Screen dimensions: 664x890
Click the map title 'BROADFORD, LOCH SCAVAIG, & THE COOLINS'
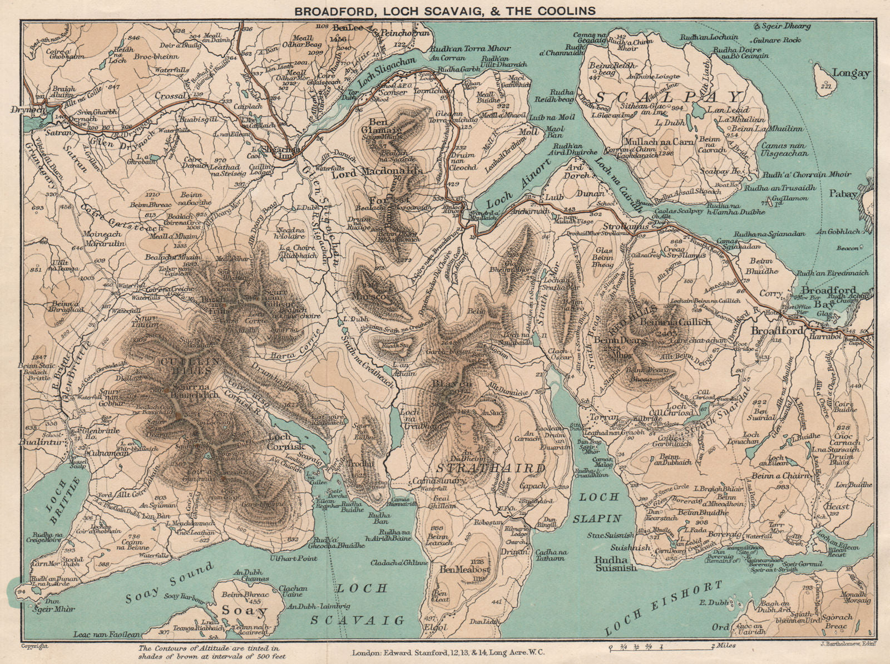tap(444, 11)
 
